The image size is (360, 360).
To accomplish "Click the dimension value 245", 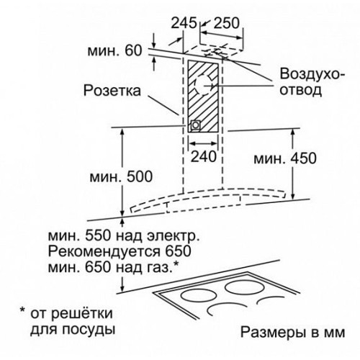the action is (184, 23).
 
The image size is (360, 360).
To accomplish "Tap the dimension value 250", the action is (227, 23).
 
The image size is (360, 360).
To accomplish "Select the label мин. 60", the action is (114, 51).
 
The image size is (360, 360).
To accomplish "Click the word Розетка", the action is (112, 91).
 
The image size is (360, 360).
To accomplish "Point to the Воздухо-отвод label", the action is (312, 82).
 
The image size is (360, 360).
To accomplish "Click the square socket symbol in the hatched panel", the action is (195, 125).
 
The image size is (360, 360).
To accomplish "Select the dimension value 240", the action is (204, 157).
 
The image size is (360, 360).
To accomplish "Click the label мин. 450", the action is (285, 158).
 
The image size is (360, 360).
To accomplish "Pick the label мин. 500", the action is (121, 177).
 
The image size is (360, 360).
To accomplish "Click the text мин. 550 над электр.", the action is (124, 236).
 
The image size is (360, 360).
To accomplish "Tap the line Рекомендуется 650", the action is (120, 251).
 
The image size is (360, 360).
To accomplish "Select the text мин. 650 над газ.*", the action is (114, 267).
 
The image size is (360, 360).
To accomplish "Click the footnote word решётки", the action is (82, 313).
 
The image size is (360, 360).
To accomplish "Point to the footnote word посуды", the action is (89, 330).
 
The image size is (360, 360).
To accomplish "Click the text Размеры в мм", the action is (293, 333).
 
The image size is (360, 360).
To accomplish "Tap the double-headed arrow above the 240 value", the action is (203, 143).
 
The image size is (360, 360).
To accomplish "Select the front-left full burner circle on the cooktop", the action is (198, 296).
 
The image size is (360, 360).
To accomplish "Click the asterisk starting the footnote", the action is (22, 310).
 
